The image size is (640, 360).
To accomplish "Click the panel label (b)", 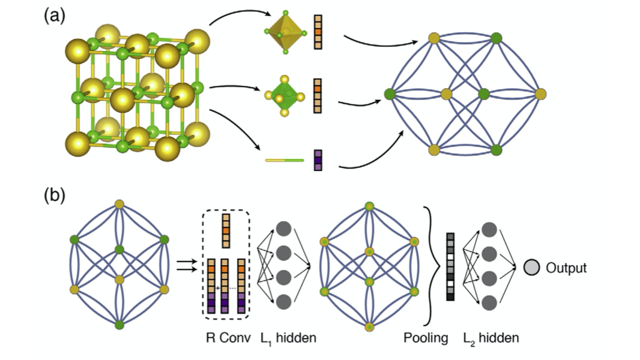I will click(53, 196).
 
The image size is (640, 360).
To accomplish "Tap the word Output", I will click(566, 268).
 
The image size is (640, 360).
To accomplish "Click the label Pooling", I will click(426, 338).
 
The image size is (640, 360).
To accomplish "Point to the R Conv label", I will click(226, 338).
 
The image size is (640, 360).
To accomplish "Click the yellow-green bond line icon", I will click(285, 160).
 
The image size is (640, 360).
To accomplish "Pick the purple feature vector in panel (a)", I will click(318, 160).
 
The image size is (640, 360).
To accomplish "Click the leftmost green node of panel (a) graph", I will click(390, 94).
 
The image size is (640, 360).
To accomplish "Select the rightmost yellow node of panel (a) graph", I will click(540, 94).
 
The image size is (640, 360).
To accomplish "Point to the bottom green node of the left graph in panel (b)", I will click(119, 325).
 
